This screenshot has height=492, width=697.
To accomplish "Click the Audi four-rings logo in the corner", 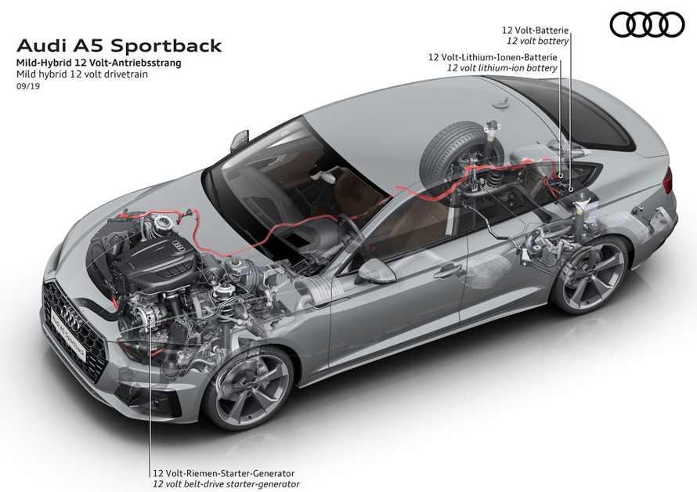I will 647,24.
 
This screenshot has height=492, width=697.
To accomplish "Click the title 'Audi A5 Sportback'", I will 119,45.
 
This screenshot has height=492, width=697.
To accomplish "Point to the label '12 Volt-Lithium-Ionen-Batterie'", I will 493,57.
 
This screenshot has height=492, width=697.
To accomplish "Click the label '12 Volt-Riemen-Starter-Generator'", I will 223,473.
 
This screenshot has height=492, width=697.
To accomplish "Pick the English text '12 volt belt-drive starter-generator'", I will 226,484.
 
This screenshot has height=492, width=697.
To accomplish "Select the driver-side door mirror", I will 375,271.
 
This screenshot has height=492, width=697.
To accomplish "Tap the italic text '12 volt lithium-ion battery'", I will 502,68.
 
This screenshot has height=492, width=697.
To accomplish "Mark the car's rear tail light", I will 668,183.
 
